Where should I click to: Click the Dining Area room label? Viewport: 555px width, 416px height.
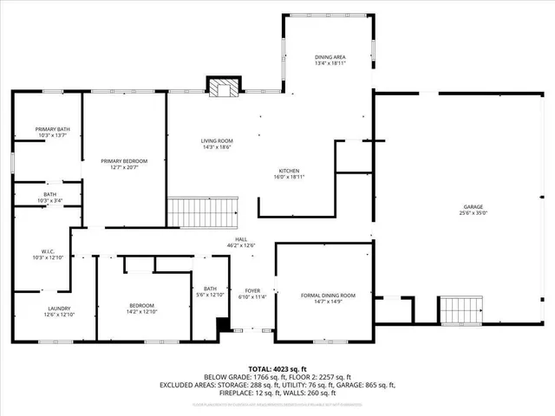(x=330, y=57)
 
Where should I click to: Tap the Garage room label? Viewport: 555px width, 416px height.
(x=473, y=206)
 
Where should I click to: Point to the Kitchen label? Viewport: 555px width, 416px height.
(x=289, y=170)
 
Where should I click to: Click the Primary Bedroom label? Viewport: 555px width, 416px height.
(x=124, y=161)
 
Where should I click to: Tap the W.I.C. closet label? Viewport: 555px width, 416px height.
(x=43, y=252)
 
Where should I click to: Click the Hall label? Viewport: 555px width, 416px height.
(x=242, y=239)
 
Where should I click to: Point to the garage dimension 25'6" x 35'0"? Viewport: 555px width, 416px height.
(x=473, y=212)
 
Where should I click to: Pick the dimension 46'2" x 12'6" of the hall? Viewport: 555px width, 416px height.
(x=242, y=245)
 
